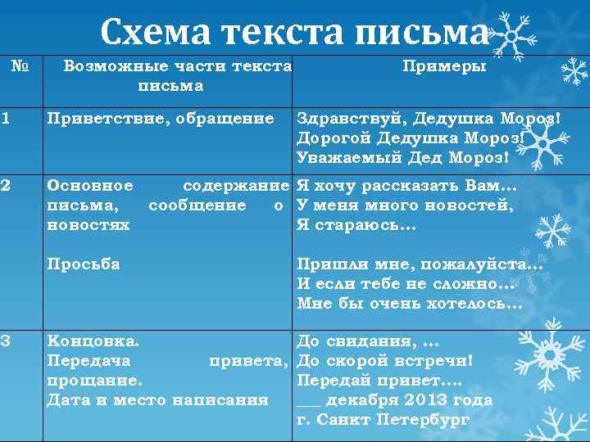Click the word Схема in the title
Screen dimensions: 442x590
point(149,32)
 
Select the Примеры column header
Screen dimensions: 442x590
point(443,65)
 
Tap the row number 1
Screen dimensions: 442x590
point(6,119)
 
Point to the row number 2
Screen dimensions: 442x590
point(6,186)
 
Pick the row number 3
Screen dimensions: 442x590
point(6,340)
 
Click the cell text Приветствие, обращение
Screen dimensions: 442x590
point(161,119)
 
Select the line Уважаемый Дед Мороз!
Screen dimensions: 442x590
point(402,156)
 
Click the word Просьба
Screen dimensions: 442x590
point(84,264)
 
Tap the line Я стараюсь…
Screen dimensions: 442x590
point(356,225)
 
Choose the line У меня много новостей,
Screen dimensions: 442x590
point(405,205)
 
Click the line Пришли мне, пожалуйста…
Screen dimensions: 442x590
point(420,264)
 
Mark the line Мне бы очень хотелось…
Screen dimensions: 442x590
point(409,303)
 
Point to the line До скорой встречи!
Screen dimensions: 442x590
point(385,360)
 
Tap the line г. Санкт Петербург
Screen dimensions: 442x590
point(383,420)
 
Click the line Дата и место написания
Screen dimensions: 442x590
point(157,400)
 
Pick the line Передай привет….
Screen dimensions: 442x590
point(379,381)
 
